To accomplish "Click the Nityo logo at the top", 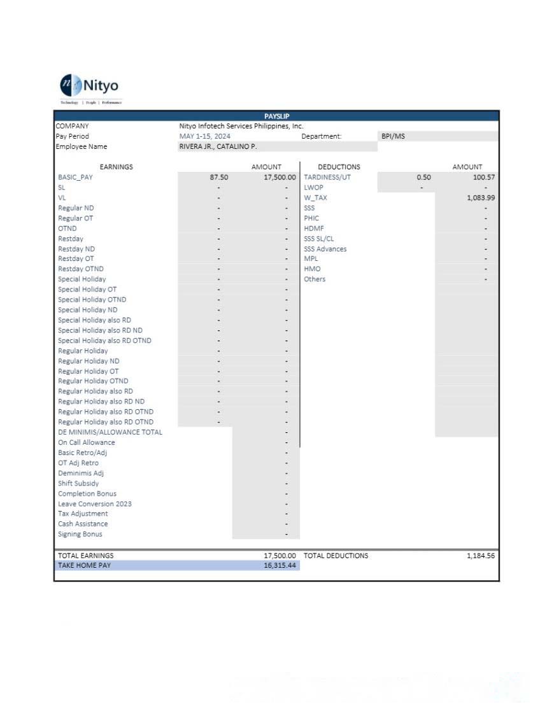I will [x=89, y=86].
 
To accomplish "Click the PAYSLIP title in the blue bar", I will [x=276, y=116].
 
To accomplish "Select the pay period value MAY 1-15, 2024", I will [x=205, y=136].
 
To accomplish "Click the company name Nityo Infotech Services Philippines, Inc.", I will [x=241, y=126].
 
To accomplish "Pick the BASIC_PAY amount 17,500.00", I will [x=280, y=178].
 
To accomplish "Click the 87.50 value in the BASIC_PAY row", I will [x=219, y=178].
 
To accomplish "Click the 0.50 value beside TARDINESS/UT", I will [x=423, y=178].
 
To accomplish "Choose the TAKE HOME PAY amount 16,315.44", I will [x=280, y=565].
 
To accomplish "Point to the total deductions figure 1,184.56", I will [x=481, y=556].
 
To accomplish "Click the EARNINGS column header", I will [x=117, y=167].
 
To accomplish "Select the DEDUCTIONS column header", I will [x=339, y=167].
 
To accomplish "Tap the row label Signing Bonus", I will [x=80, y=534].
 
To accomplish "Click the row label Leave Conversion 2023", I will [x=95, y=503].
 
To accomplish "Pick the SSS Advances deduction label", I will [x=325, y=249].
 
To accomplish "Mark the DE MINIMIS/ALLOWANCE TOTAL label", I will [x=110, y=432].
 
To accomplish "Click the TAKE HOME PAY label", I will [x=84, y=565].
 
